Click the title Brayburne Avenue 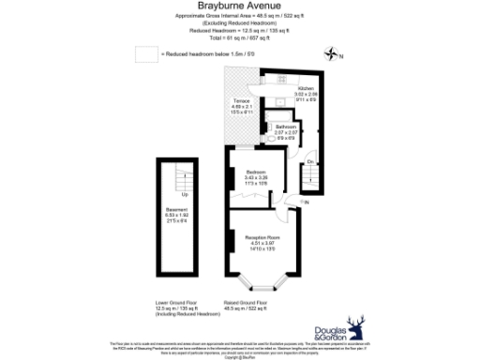tap(240, 7)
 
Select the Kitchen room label tap(307, 87)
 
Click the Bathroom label tap(286, 126)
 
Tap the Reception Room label tap(262, 236)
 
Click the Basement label tap(176, 208)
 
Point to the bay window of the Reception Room tap(263, 281)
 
